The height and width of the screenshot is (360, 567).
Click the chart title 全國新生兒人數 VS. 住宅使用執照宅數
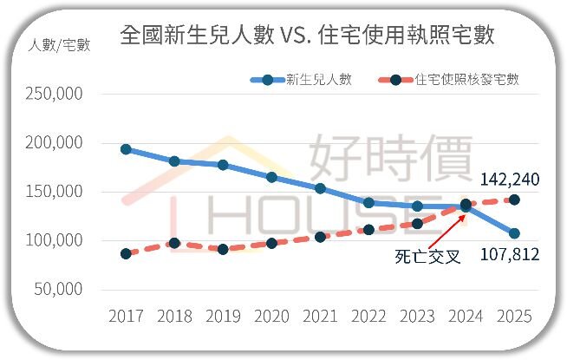[x=308, y=36]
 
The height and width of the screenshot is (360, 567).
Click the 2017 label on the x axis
[x=126, y=317]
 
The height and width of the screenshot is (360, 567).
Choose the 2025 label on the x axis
[x=514, y=317]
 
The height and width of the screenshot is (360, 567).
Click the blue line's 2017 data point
[x=126, y=149]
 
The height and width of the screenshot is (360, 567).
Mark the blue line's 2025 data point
[x=514, y=233]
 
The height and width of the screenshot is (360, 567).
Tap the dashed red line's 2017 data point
[x=126, y=253]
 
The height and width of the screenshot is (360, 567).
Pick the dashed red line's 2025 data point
[x=514, y=200]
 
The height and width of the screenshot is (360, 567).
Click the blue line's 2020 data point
[x=271, y=177]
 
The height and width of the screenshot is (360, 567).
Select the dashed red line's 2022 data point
[x=368, y=230]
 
